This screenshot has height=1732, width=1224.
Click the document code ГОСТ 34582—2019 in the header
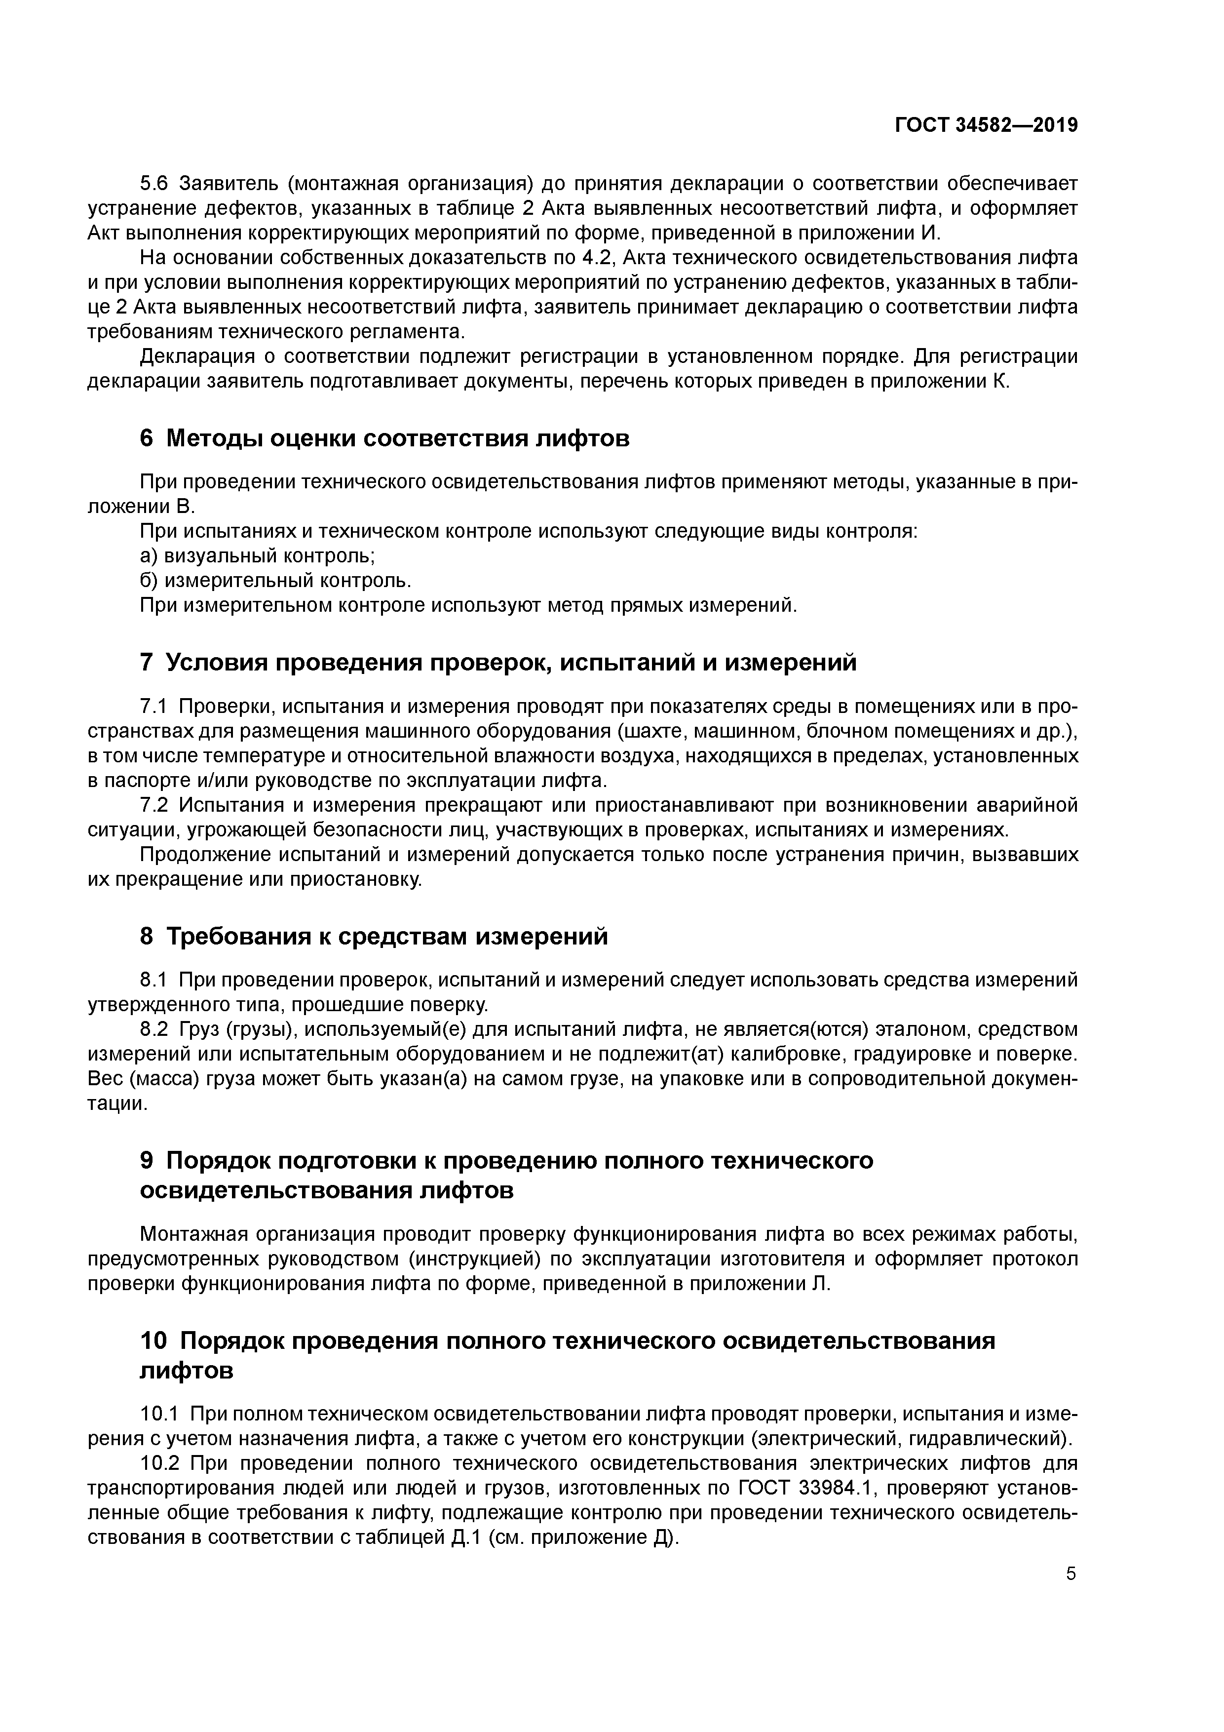click(986, 126)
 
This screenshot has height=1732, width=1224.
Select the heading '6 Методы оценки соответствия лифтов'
click(384, 438)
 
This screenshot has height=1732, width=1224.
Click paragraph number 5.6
click(155, 183)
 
